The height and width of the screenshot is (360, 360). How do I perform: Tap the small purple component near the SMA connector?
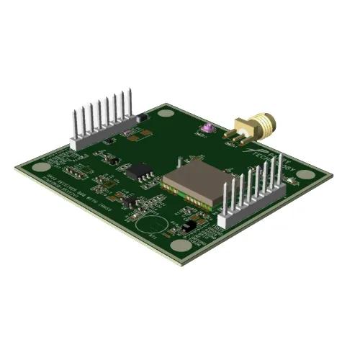[207, 128]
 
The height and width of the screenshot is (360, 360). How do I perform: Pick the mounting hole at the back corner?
[166, 112]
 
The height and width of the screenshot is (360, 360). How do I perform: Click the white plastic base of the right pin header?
[251, 204]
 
